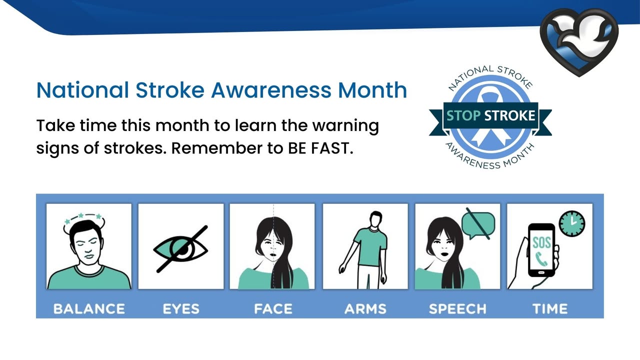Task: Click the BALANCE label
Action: (89, 309)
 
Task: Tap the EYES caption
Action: (181, 309)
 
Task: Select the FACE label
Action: (273, 309)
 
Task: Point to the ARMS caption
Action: (365, 309)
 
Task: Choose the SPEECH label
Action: (457, 309)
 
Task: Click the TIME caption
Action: (550, 309)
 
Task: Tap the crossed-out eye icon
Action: (180, 249)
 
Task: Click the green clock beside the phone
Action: (572, 223)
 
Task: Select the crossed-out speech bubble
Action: (478, 223)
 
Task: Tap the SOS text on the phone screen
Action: (541, 243)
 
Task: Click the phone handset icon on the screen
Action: (541, 259)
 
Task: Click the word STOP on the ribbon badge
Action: (463, 115)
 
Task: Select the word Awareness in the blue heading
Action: (271, 90)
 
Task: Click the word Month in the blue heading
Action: (372, 90)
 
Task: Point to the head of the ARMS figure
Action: (375, 219)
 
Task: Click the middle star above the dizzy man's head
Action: (81, 215)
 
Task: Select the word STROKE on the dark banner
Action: (509, 115)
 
